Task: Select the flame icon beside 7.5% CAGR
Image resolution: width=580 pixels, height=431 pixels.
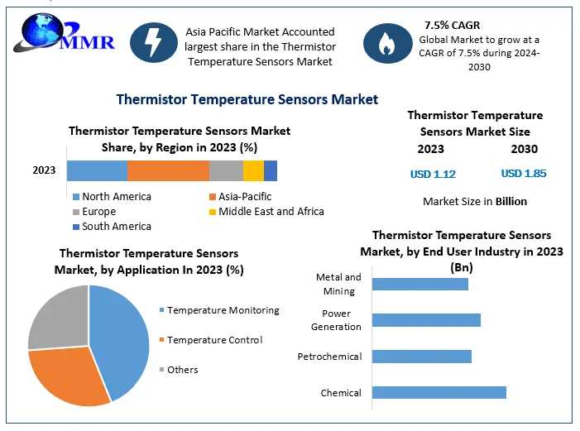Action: pos(385,43)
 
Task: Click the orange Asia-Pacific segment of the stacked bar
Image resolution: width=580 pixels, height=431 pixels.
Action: pos(168,170)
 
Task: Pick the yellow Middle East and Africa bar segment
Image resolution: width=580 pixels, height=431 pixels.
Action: pos(253,170)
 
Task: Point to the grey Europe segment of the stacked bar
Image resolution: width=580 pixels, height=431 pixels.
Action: pos(226,170)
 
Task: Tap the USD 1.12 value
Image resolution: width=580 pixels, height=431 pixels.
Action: pos(433,174)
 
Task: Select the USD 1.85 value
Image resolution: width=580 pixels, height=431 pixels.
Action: pos(524,174)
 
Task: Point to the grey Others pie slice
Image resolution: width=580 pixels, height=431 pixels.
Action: pos(58,314)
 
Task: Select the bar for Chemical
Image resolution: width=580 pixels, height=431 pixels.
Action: pos(439,392)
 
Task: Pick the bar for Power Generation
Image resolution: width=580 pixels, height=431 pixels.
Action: pos(426,320)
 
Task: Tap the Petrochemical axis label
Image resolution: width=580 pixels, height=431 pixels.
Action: pos(329,357)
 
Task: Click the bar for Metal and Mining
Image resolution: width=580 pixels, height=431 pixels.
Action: pos(419,284)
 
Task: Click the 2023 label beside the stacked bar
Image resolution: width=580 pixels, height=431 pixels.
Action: pos(44,170)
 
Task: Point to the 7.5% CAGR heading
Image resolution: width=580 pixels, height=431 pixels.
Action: pos(452,26)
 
